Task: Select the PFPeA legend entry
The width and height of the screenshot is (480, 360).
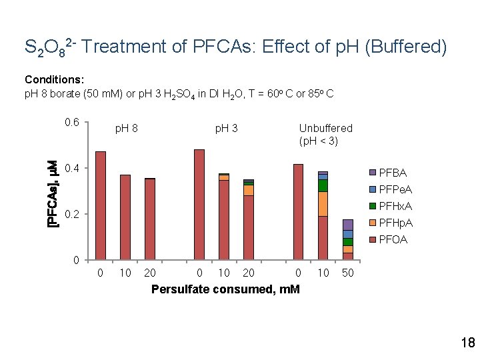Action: tap(395, 190)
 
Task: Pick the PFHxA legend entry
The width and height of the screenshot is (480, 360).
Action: tap(395, 207)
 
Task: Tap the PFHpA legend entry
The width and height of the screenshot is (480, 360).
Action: tap(395, 223)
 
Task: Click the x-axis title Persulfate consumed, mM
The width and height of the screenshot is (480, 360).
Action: tap(225, 289)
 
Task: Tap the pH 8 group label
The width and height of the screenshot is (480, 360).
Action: tap(127, 128)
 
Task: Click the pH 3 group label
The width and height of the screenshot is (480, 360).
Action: tap(226, 128)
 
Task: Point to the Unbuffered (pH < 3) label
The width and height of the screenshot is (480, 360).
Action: tap(325, 134)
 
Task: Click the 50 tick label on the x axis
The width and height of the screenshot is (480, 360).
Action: tap(348, 273)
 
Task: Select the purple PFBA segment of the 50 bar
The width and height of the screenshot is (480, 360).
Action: tap(348, 225)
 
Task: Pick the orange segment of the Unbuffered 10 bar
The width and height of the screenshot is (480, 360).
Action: tap(323, 204)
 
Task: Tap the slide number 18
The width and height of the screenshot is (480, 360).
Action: tap(467, 343)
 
